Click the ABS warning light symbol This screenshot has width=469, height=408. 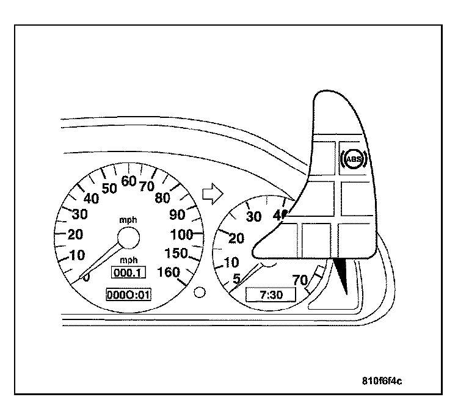click(x=354, y=161)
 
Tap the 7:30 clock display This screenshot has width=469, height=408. click(x=269, y=295)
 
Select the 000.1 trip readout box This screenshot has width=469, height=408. click(x=128, y=273)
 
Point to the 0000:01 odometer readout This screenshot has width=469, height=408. click(x=128, y=295)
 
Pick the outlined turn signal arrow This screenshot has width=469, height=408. click(x=211, y=193)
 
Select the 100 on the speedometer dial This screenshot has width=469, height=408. click(x=181, y=234)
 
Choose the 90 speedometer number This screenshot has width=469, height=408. click(x=177, y=214)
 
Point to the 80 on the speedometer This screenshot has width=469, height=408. click(x=163, y=197)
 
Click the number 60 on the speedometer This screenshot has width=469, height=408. click(x=128, y=181)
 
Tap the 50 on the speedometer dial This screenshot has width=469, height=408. click(x=109, y=188)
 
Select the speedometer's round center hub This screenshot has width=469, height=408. click(x=128, y=236)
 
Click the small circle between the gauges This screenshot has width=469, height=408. click(x=199, y=292)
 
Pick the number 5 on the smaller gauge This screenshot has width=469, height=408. click(x=236, y=279)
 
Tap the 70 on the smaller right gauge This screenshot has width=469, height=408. click(x=299, y=280)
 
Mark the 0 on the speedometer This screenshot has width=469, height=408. click(x=87, y=278)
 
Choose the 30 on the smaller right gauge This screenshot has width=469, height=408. click(x=253, y=217)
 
